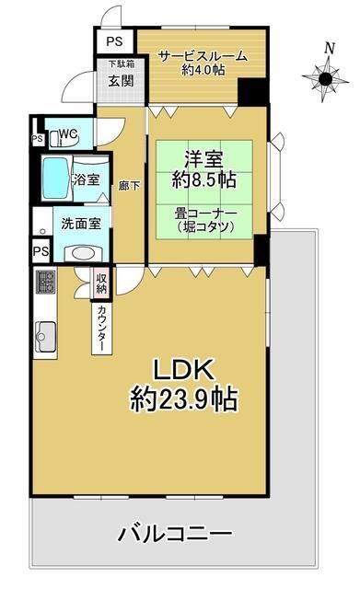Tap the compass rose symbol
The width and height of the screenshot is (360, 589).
click(326, 79)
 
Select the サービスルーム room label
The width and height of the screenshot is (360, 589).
click(202, 56)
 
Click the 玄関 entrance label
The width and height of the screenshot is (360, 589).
click(119, 80)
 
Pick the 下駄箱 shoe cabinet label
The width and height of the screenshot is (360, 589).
click(119, 64)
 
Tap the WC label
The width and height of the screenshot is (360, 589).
click(67, 134)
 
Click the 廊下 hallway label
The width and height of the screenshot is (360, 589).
click(129, 185)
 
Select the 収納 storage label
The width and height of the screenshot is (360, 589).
click(101, 283)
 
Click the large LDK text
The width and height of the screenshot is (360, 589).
click(183, 370)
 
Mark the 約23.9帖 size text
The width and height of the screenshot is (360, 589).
click(183, 399)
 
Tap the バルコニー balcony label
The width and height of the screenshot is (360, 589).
click(174, 533)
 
